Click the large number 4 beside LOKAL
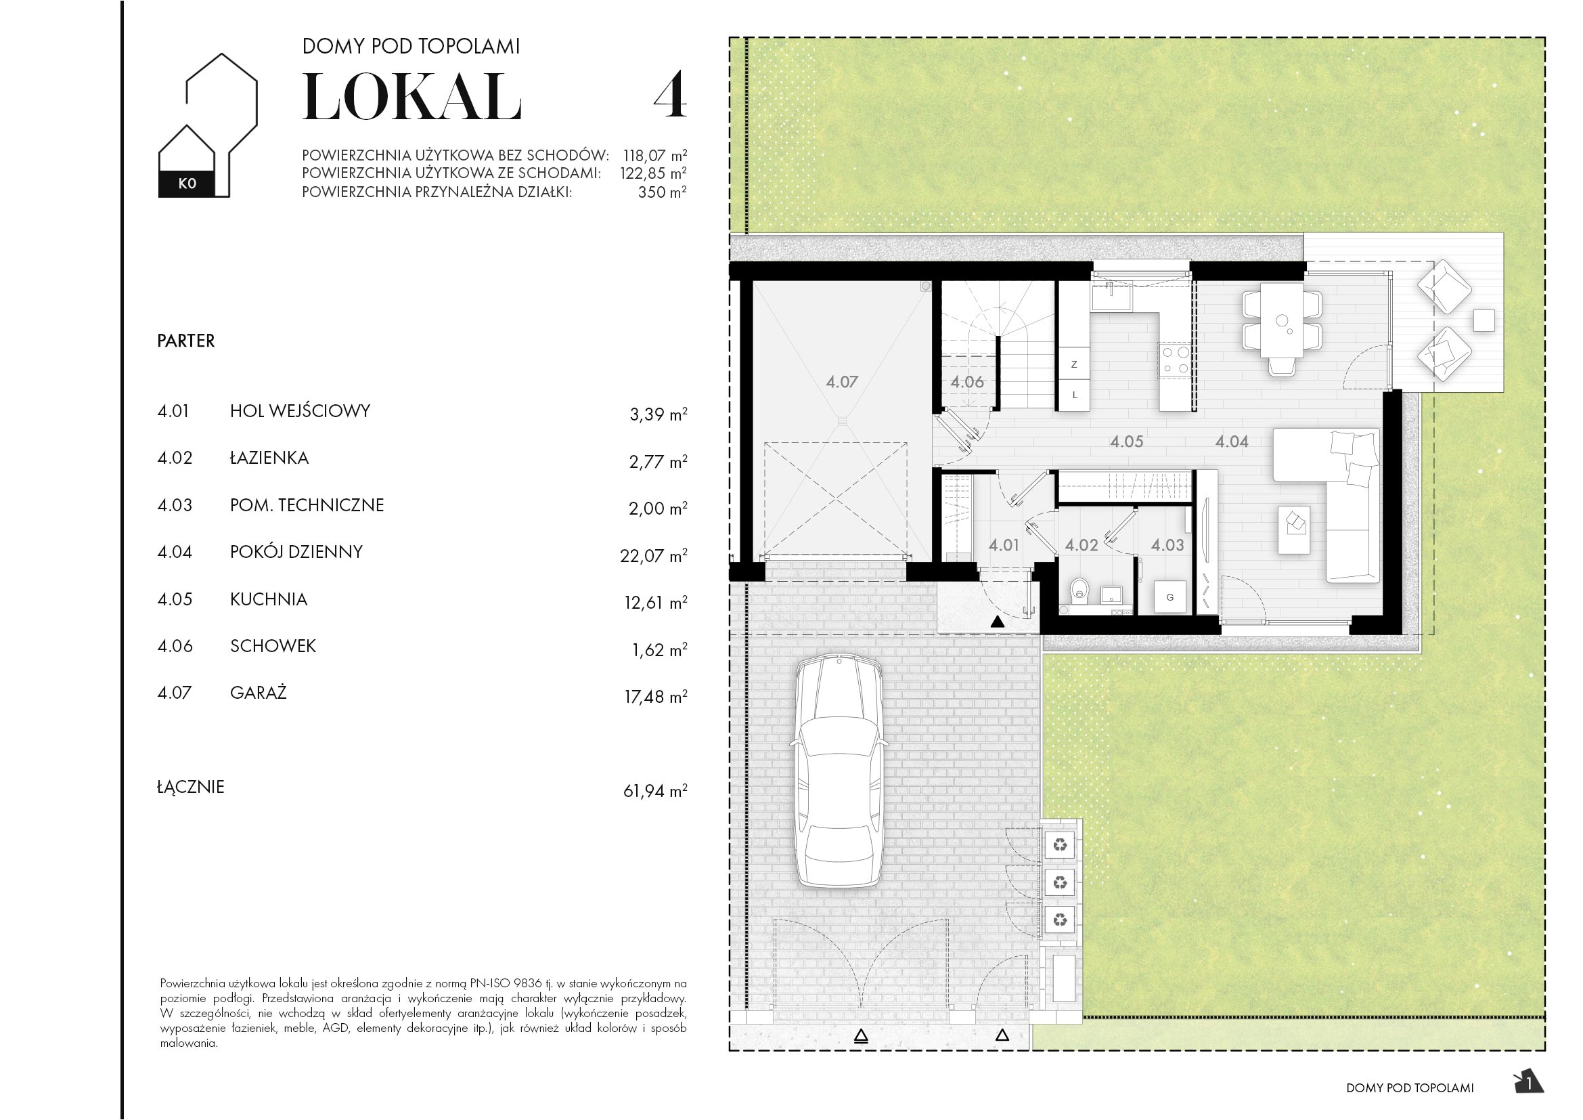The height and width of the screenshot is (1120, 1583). point(669,96)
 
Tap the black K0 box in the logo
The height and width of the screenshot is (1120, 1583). point(187,184)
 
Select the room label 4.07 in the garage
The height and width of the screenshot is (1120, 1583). point(841,382)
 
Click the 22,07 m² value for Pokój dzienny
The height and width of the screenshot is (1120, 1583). point(653,555)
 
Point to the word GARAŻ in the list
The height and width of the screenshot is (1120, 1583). point(258,693)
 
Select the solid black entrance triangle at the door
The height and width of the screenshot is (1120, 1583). point(997,622)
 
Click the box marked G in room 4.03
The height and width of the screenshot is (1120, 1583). point(1170,597)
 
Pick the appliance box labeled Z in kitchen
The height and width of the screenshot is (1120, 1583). point(1074,364)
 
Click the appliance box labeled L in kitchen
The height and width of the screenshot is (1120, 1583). point(1074,395)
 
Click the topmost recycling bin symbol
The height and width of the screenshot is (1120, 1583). point(1061,844)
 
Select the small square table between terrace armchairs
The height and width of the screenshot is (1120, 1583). point(1484,321)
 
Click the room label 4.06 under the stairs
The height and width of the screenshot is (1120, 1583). point(966,382)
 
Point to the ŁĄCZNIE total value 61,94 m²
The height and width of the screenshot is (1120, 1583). point(654,790)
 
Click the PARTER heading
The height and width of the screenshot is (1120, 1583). point(185,341)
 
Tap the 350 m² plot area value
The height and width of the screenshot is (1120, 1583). point(661,192)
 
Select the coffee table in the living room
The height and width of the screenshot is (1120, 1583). point(1293,530)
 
